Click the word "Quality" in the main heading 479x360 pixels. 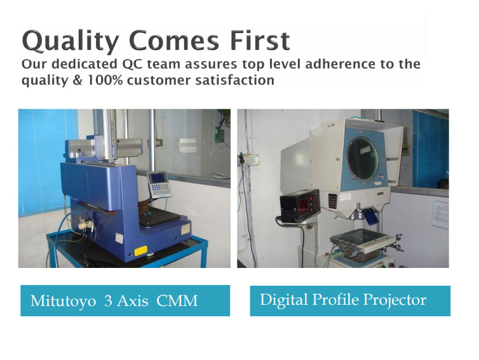tap(71, 41)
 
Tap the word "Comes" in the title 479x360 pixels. tap(174, 41)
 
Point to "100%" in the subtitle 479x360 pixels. tap(105, 80)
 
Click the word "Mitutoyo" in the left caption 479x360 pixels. tap(64, 301)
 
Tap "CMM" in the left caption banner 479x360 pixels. tap(177, 301)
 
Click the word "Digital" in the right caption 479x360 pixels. tap(284, 300)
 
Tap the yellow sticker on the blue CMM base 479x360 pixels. tap(141, 251)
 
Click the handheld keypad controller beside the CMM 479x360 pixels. tap(159, 185)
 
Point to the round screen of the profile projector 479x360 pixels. tap(363, 159)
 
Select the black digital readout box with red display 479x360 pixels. tap(300, 205)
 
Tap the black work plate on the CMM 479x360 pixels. tap(159, 217)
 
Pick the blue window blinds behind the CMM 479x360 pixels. tap(48, 162)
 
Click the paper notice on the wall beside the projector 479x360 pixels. tap(440, 214)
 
